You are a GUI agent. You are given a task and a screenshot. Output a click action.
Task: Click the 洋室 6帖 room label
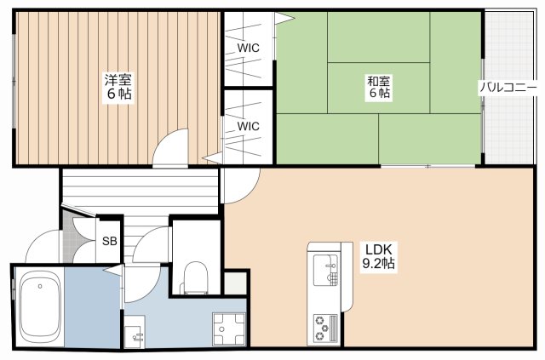[x=118, y=87]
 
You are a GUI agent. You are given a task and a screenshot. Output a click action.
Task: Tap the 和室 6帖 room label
[x=379, y=87]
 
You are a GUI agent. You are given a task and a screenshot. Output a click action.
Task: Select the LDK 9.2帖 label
[x=378, y=256]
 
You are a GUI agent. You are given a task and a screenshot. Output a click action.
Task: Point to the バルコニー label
[x=508, y=87]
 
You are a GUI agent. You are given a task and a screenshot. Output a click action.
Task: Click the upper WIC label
[x=248, y=48]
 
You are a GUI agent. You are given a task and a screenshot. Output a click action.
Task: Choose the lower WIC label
[x=248, y=126]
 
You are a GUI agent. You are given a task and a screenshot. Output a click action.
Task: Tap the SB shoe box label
[x=110, y=241]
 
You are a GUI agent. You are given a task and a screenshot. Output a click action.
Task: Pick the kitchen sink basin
[x=325, y=270]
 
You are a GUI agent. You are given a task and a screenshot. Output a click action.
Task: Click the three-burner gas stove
[x=325, y=328]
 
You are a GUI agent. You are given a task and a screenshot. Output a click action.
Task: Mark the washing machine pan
[x=229, y=329]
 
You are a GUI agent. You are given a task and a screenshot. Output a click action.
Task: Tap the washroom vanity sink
[x=135, y=332]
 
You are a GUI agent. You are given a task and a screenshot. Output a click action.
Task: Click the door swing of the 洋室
[x=171, y=148]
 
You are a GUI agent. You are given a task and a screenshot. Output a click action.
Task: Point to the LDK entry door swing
[x=240, y=186]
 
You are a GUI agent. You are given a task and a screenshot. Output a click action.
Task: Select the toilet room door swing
[x=152, y=245]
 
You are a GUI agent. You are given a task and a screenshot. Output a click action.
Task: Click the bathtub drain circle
[x=40, y=286]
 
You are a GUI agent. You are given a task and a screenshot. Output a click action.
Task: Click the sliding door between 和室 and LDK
[x=427, y=166]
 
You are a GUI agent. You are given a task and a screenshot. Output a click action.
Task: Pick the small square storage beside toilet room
[x=235, y=283]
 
